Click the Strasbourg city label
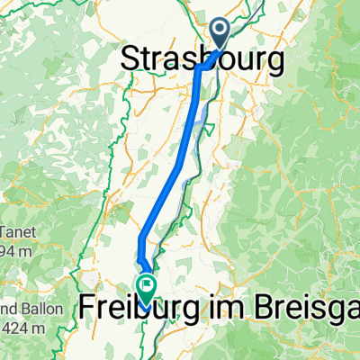tap(201, 60)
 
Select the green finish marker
tap(146, 287)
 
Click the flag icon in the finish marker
tap(146, 284)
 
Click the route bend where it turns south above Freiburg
tap(141, 238)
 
